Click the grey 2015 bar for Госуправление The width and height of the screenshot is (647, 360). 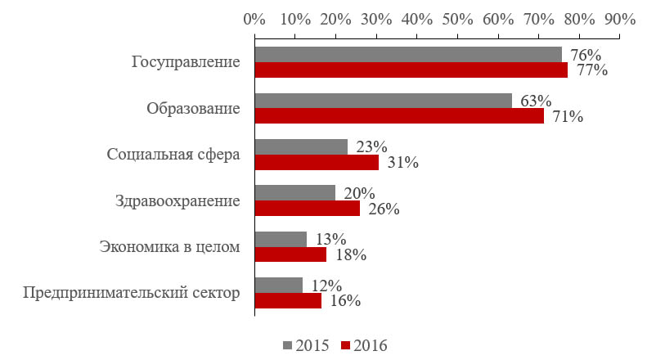coord(408,54)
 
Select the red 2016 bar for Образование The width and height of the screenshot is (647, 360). coord(399,116)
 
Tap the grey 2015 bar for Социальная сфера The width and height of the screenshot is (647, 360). coord(301,146)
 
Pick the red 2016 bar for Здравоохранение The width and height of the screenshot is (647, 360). coord(308,209)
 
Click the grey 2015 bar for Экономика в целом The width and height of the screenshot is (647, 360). coord(281,239)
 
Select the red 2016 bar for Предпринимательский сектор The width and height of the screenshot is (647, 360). coord(288,301)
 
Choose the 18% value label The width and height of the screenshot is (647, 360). coord(347,255)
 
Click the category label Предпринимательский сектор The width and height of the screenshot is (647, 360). coord(132,294)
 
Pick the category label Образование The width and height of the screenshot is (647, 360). coord(194,109)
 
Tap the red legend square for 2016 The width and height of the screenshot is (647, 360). coord(346,344)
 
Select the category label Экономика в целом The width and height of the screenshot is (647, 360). coord(170,247)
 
